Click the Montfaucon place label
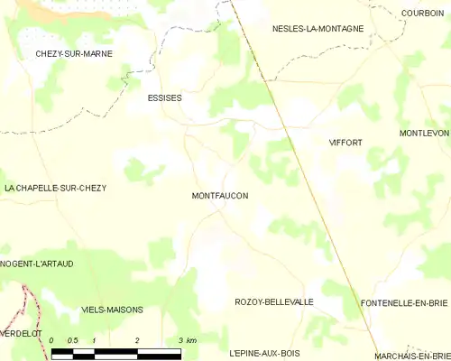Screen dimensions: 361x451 [220, 196]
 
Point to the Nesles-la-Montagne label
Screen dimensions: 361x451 [318, 29]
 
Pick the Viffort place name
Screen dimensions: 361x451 [345, 143]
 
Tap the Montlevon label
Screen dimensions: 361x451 [424, 134]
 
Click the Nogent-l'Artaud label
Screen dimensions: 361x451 [37, 264]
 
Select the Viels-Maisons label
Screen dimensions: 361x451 [112, 310]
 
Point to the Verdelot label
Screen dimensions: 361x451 [20, 331]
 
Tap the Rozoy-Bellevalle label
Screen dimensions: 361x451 [273, 302]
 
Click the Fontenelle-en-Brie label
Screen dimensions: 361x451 [404, 302]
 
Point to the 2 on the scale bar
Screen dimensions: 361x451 [137, 339]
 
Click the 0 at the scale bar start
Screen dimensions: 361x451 [53, 339]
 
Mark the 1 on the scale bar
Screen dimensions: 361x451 [95, 339]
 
